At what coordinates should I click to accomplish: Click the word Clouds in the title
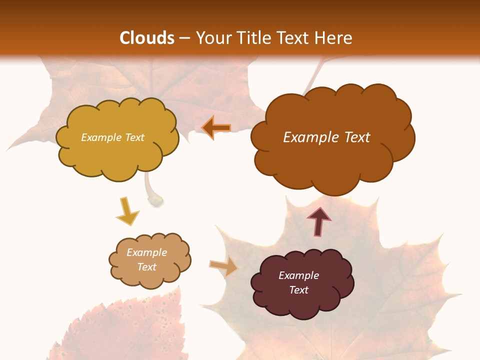(x=146, y=38)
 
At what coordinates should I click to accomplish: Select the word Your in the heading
(x=213, y=38)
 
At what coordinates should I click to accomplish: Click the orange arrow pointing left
(x=216, y=128)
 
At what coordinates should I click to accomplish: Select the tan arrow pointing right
(x=223, y=267)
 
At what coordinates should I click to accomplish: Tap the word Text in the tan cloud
(x=147, y=267)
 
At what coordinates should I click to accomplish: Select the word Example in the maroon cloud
(x=298, y=275)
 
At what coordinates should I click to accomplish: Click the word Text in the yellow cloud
(x=134, y=137)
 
